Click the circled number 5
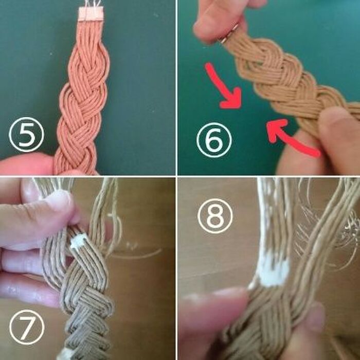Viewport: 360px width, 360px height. click(26, 135)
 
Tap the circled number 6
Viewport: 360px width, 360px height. click(214, 140)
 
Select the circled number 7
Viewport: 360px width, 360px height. click(27, 327)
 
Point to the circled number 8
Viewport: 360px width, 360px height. click(215, 216)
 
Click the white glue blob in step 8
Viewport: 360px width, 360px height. click(272, 273)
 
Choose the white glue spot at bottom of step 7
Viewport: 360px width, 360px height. click(65, 354)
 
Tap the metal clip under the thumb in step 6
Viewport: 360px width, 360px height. click(229, 34)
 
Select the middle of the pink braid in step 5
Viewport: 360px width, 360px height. click(83, 97)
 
